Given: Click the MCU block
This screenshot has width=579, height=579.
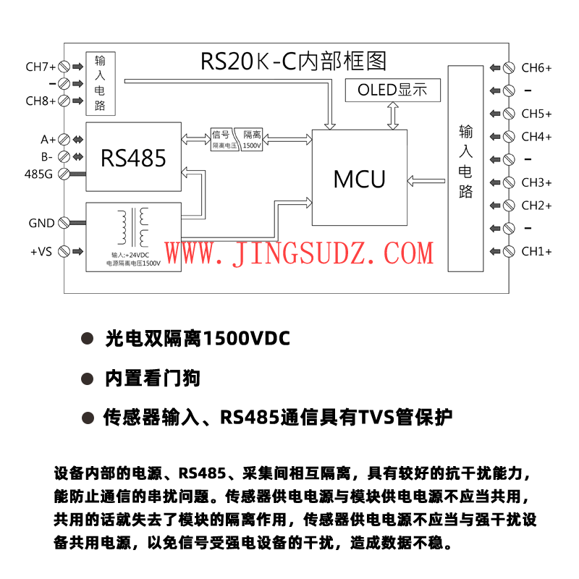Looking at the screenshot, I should [359, 179].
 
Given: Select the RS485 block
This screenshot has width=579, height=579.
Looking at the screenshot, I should [133, 157].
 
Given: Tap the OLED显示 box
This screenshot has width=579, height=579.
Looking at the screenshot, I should [393, 90].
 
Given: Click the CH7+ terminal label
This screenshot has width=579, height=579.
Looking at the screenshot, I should [41, 67].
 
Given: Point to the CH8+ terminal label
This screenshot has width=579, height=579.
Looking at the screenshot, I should [41, 101].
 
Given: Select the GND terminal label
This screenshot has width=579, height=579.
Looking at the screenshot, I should [41, 223].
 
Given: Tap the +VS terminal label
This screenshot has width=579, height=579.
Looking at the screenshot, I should [41, 252].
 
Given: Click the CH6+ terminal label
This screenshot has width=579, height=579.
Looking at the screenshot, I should [536, 68].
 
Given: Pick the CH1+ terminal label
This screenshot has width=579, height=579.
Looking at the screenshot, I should [536, 252].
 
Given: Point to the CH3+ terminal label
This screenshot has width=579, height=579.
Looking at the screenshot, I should [536, 182].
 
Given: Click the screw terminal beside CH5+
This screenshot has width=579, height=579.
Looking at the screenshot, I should [509, 114].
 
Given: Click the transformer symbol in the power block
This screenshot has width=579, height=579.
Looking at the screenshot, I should [135, 227].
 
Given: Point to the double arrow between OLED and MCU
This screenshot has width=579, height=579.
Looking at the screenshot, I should [394, 114].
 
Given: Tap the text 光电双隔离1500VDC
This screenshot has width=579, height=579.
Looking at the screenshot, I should [198, 338].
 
